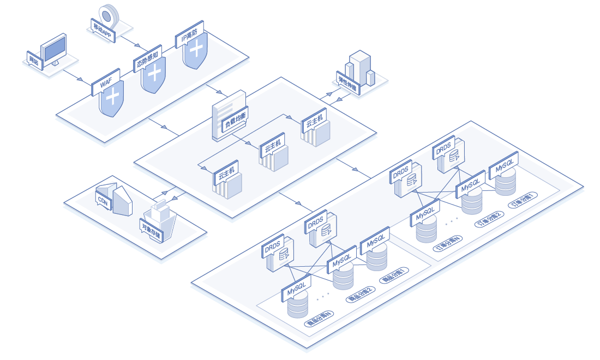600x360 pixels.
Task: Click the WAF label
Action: point(106,85)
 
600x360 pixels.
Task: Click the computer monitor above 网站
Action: point(55,49)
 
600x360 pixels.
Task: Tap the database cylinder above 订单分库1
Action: point(506,181)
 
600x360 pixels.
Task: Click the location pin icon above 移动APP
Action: point(109,14)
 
